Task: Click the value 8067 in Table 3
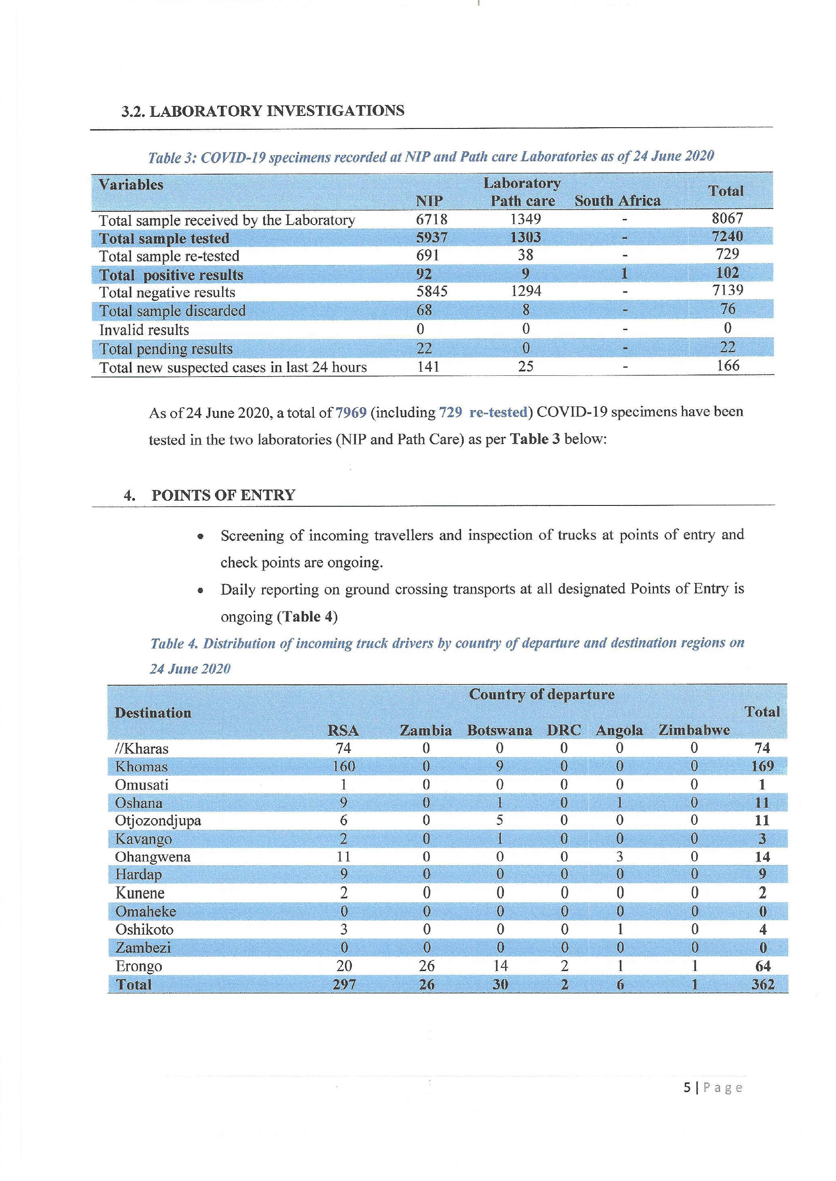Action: [x=727, y=218]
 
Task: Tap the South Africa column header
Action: [x=617, y=201]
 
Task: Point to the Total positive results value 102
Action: [x=727, y=273]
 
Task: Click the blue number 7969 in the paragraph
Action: [x=351, y=412]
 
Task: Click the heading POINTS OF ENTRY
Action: [x=223, y=495]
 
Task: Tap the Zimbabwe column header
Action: [x=694, y=730]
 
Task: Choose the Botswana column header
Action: [x=499, y=730]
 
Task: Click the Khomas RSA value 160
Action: [x=343, y=766]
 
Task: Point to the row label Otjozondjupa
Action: [x=158, y=821]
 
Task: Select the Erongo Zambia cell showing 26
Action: [x=426, y=966]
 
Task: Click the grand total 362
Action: [x=762, y=985]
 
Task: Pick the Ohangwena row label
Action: [x=153, y=857]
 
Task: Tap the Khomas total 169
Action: [x=762, y=766]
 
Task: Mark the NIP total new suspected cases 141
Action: [x=428, y=367]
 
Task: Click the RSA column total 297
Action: [x=344, y=985]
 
